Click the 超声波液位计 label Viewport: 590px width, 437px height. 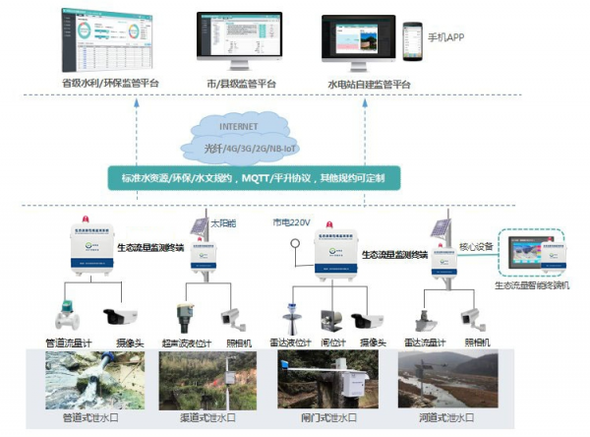pyautogui.click(x=185, y=342)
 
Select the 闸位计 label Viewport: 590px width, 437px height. pyautogui.click(x=331, y=342)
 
